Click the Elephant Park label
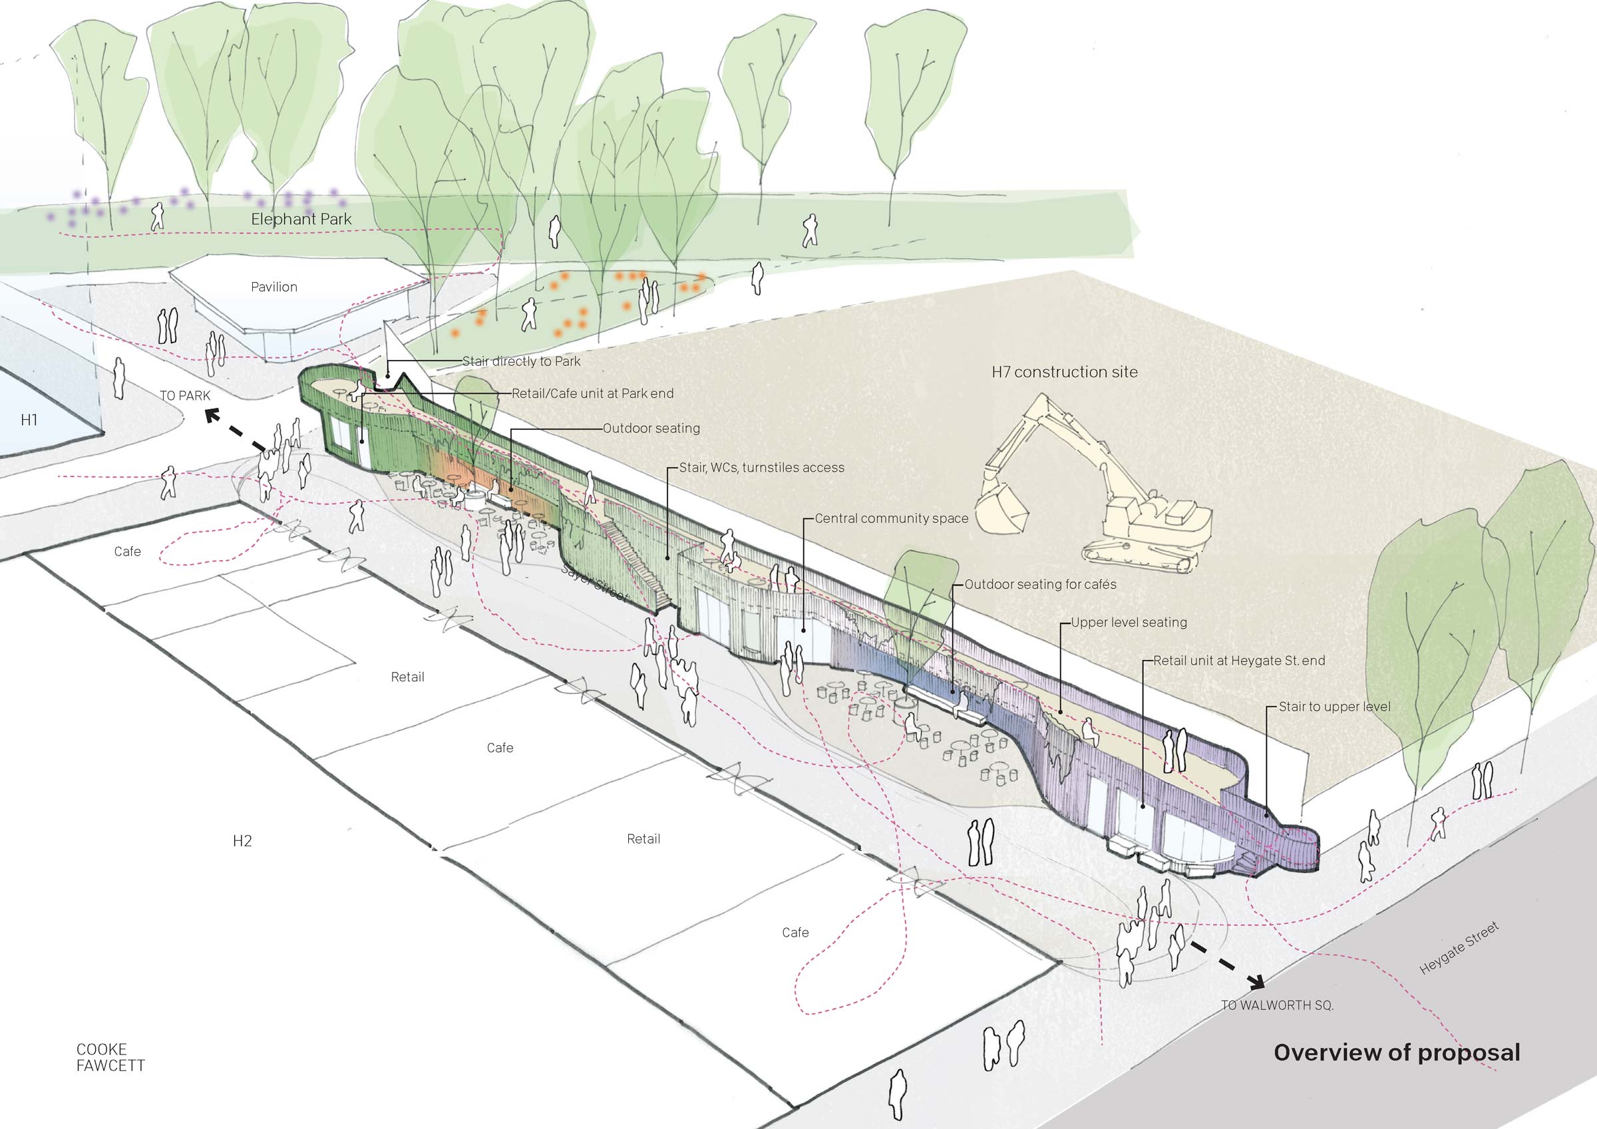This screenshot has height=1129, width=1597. coord(301,219)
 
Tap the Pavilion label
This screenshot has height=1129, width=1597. coord(274,287)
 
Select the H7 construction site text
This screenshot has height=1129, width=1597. coord(1064,372)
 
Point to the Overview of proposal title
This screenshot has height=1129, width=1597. coord(1397,1052)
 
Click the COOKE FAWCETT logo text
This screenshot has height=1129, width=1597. coord(110,1057)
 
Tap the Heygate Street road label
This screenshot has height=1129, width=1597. coord(1459,948)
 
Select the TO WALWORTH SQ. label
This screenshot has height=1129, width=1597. coord(1277,1005)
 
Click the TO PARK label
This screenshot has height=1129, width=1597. coord(185,396)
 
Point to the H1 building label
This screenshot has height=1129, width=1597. coord(29,419)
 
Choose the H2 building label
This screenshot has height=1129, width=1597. coord(242,841)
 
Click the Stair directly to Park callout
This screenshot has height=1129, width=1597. coord(521,362)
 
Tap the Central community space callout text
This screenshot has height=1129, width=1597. coord(891,518)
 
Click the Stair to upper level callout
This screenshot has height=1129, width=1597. coord(1334,707)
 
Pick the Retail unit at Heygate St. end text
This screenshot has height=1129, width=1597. coord(1239,660)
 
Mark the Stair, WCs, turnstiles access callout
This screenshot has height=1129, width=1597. coord(762,468)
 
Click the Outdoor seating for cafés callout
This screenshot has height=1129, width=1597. coord(1040,584)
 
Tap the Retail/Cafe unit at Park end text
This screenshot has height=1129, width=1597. coord(593,394)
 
